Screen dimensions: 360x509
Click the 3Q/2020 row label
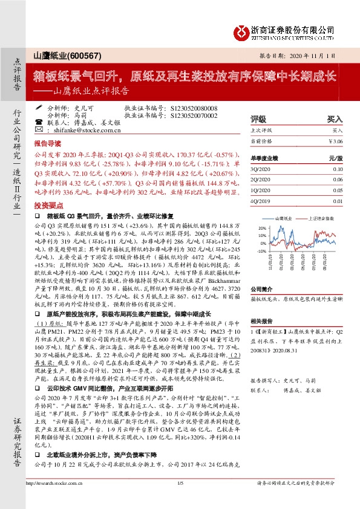tap(262, 170)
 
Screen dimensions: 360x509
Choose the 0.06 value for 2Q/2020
tap(337, 180)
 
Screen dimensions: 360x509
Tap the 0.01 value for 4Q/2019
tap(337, 201)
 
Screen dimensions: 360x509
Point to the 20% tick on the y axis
tap(262, 228)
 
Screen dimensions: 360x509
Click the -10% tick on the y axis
tap(261, 250)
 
